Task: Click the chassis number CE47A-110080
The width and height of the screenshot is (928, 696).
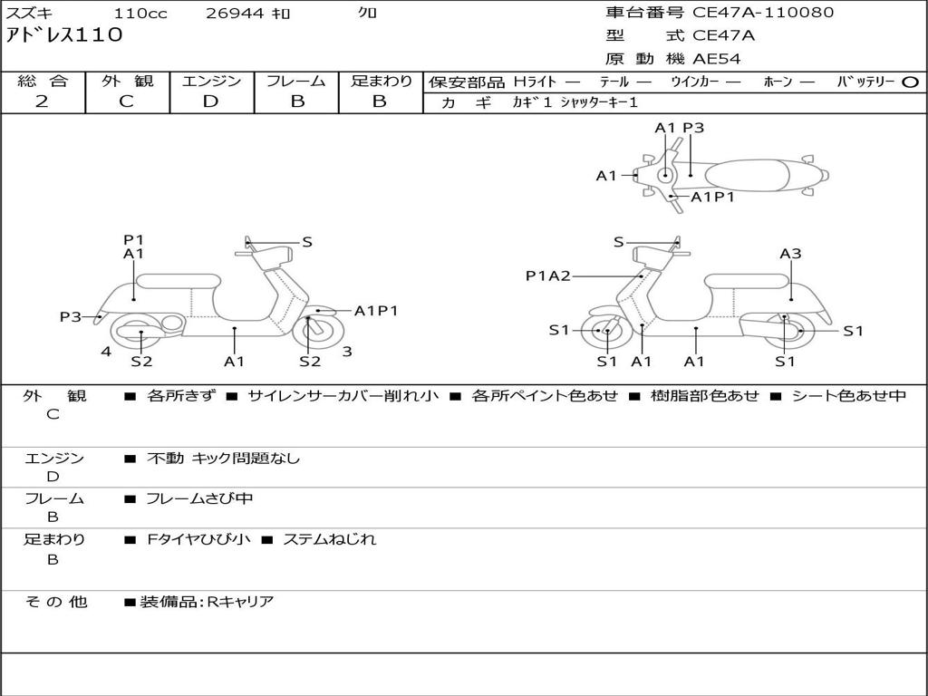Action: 763,13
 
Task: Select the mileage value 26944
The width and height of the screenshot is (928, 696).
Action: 235,13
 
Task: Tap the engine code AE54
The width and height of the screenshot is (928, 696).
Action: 717,59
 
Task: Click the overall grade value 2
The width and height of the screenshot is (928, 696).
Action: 42,101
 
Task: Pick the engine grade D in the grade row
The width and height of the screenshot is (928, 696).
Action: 210,101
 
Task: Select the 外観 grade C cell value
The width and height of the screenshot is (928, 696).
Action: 126,101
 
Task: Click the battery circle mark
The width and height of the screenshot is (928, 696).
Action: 910,82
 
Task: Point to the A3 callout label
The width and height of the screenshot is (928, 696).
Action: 790,254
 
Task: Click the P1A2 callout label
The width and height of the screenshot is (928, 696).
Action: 548,275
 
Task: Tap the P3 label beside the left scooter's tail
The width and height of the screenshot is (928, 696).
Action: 71,316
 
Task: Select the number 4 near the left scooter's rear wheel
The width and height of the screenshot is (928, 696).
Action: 106,352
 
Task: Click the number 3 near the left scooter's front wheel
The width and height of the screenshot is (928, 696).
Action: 347,352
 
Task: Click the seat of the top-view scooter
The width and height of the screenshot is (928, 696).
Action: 747,176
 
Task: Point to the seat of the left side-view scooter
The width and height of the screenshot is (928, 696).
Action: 179,282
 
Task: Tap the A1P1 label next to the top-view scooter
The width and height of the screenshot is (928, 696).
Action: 712,197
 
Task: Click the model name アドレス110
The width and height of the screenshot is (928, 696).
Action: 64,35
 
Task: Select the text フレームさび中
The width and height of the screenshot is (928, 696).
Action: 199,499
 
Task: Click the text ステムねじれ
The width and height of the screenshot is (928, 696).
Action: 330,539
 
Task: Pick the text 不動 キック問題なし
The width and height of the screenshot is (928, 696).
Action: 223,458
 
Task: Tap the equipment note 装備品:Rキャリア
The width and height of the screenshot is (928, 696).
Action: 207,602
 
